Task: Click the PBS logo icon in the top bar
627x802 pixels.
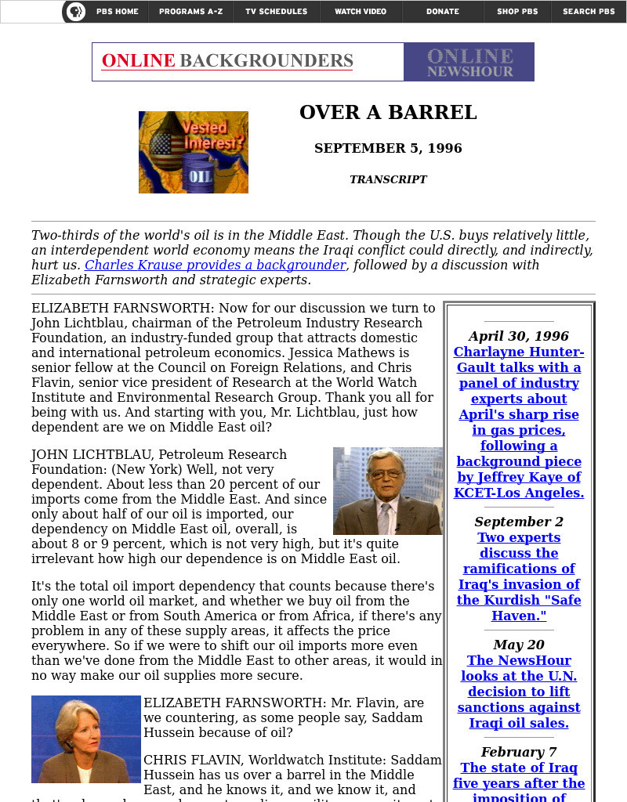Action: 75,12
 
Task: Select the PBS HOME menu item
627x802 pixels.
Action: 117,12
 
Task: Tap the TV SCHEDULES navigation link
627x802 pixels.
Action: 276,12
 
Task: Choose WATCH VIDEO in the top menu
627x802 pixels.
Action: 361,12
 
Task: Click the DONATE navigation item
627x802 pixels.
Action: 443,12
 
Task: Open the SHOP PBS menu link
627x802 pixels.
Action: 517,12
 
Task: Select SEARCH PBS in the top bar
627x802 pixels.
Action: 589,12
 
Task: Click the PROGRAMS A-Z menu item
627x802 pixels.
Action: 190,12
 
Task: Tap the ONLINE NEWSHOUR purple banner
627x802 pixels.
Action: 469,62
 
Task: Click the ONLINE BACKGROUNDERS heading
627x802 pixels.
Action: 227,61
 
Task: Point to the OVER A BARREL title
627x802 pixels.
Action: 388,113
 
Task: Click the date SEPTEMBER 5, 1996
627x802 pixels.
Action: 388,148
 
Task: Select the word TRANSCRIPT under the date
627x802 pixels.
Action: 388,179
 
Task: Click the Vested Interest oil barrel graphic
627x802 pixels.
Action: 194,152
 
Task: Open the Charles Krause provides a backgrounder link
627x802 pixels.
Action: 216,265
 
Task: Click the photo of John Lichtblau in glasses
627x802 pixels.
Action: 388,491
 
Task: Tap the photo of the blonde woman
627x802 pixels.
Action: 86,739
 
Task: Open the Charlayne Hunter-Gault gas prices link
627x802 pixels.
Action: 519,422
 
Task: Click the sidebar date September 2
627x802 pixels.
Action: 519,522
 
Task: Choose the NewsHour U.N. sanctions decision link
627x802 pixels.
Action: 519,692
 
